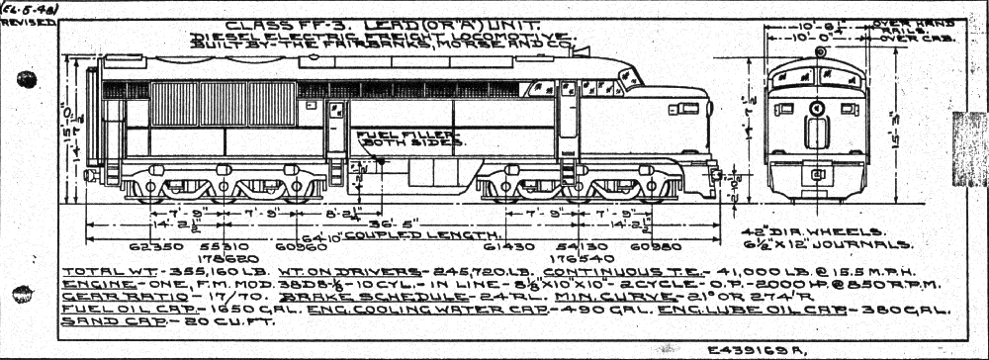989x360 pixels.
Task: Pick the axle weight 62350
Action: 150,243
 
